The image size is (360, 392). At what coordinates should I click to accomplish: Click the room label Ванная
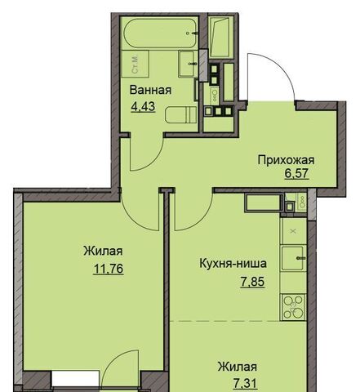150,90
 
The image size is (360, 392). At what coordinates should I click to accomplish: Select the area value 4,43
143,106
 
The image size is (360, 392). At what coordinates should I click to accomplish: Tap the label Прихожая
286,160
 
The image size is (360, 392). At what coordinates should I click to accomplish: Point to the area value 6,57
297,174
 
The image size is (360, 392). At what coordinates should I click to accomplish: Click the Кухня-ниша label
233,264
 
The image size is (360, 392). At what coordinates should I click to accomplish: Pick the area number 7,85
252,282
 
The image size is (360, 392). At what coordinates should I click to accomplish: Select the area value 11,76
109,269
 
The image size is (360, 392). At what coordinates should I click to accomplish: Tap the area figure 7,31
245,384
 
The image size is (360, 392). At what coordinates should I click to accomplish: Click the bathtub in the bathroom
160,33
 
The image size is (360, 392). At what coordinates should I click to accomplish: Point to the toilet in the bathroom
181,115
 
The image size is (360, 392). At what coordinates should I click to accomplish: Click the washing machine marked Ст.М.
136,64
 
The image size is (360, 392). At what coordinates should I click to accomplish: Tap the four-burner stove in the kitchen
293,307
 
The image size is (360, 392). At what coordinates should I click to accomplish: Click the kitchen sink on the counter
293,258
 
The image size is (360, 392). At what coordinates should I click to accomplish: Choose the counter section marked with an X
293,231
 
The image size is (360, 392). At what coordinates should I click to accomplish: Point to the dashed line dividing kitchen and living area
238,321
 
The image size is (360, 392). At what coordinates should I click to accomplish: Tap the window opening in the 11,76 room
75,378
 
